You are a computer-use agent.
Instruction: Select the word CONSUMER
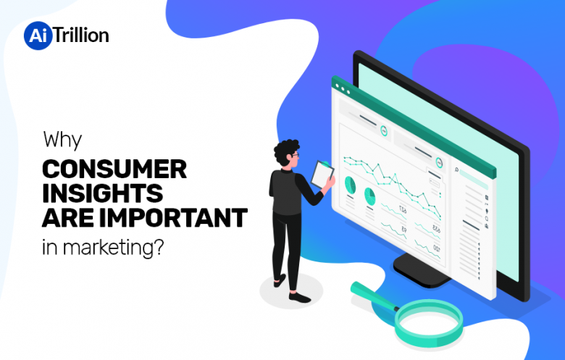pos(114,169)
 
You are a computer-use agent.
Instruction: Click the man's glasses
pos(295,156)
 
